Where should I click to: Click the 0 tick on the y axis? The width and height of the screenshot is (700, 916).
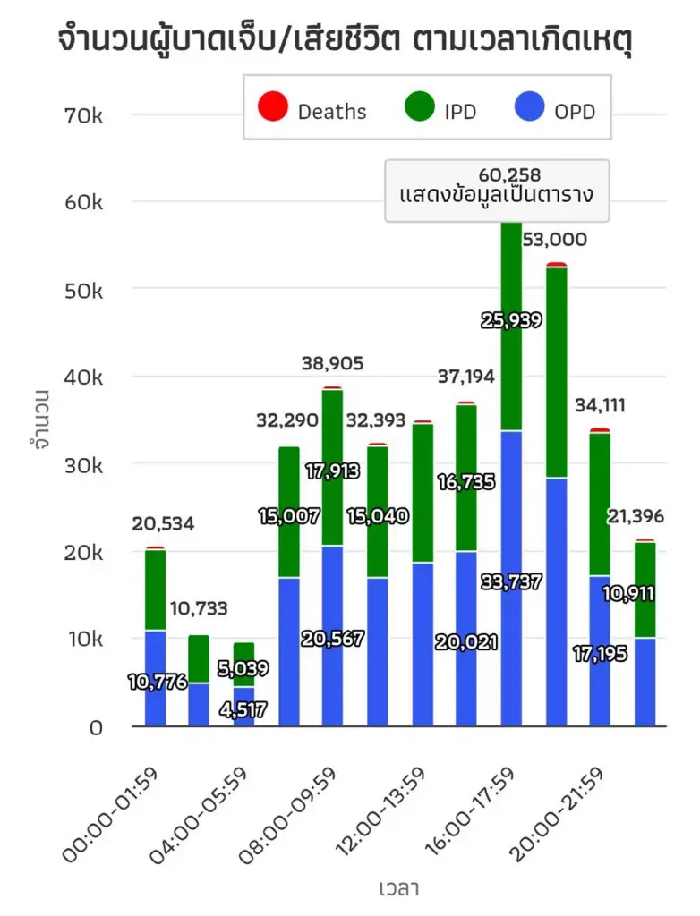tap(95, 727)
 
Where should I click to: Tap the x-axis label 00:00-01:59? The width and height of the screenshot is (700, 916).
tap(111, 814)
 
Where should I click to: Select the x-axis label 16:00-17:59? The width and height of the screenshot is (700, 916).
tap(468, 814)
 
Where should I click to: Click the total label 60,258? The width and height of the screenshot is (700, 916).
tap(509, 174)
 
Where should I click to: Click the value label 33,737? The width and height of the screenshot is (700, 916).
tap(510, 583)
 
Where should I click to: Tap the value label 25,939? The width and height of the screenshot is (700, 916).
tap(510, 320)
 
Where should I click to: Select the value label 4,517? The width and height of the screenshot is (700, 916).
tap(244, 713)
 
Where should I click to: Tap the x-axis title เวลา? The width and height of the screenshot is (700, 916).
tap(399, 888)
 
